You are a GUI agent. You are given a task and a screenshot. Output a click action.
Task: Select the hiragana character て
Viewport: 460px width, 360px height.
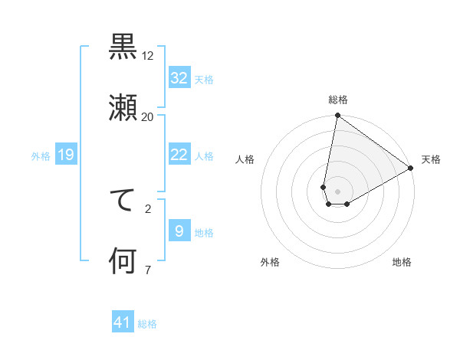tap(123, 201)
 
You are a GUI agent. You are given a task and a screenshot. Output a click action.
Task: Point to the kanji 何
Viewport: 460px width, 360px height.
tap(123, 261)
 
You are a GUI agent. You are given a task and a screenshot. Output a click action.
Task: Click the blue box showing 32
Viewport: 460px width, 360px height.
tap(179, 78)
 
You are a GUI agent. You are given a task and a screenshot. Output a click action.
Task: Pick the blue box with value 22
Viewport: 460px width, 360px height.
tap(179, 155)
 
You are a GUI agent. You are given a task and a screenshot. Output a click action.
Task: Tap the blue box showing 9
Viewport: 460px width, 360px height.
tap(179, 231)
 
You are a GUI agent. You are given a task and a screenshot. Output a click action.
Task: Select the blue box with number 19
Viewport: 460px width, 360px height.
tap(66, 155)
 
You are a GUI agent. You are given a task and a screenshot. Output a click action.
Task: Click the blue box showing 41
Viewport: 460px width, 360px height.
tap(123, 323)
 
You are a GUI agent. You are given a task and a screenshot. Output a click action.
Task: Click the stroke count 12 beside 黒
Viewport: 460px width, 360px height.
tap(148, 56)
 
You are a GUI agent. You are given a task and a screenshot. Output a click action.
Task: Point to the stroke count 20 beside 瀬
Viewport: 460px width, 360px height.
tap(148, 116)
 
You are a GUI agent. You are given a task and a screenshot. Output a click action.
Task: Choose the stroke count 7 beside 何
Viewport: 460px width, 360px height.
tap(148, 270)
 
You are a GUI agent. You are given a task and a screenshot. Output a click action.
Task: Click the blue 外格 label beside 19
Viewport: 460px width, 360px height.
tap(41, 156)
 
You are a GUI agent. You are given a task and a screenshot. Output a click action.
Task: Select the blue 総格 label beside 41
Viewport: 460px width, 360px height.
tap(147, 324)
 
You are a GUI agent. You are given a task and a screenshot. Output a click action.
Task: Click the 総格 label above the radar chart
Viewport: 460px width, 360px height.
tap(338, 100)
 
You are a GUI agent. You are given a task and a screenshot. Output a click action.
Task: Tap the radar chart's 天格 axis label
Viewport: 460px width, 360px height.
tap(431, 159)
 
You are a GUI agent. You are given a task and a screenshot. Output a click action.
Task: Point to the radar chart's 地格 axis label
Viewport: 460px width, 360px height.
tap(402, 262)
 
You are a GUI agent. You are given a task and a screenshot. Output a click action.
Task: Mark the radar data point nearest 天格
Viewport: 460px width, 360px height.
tap(412, 168)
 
